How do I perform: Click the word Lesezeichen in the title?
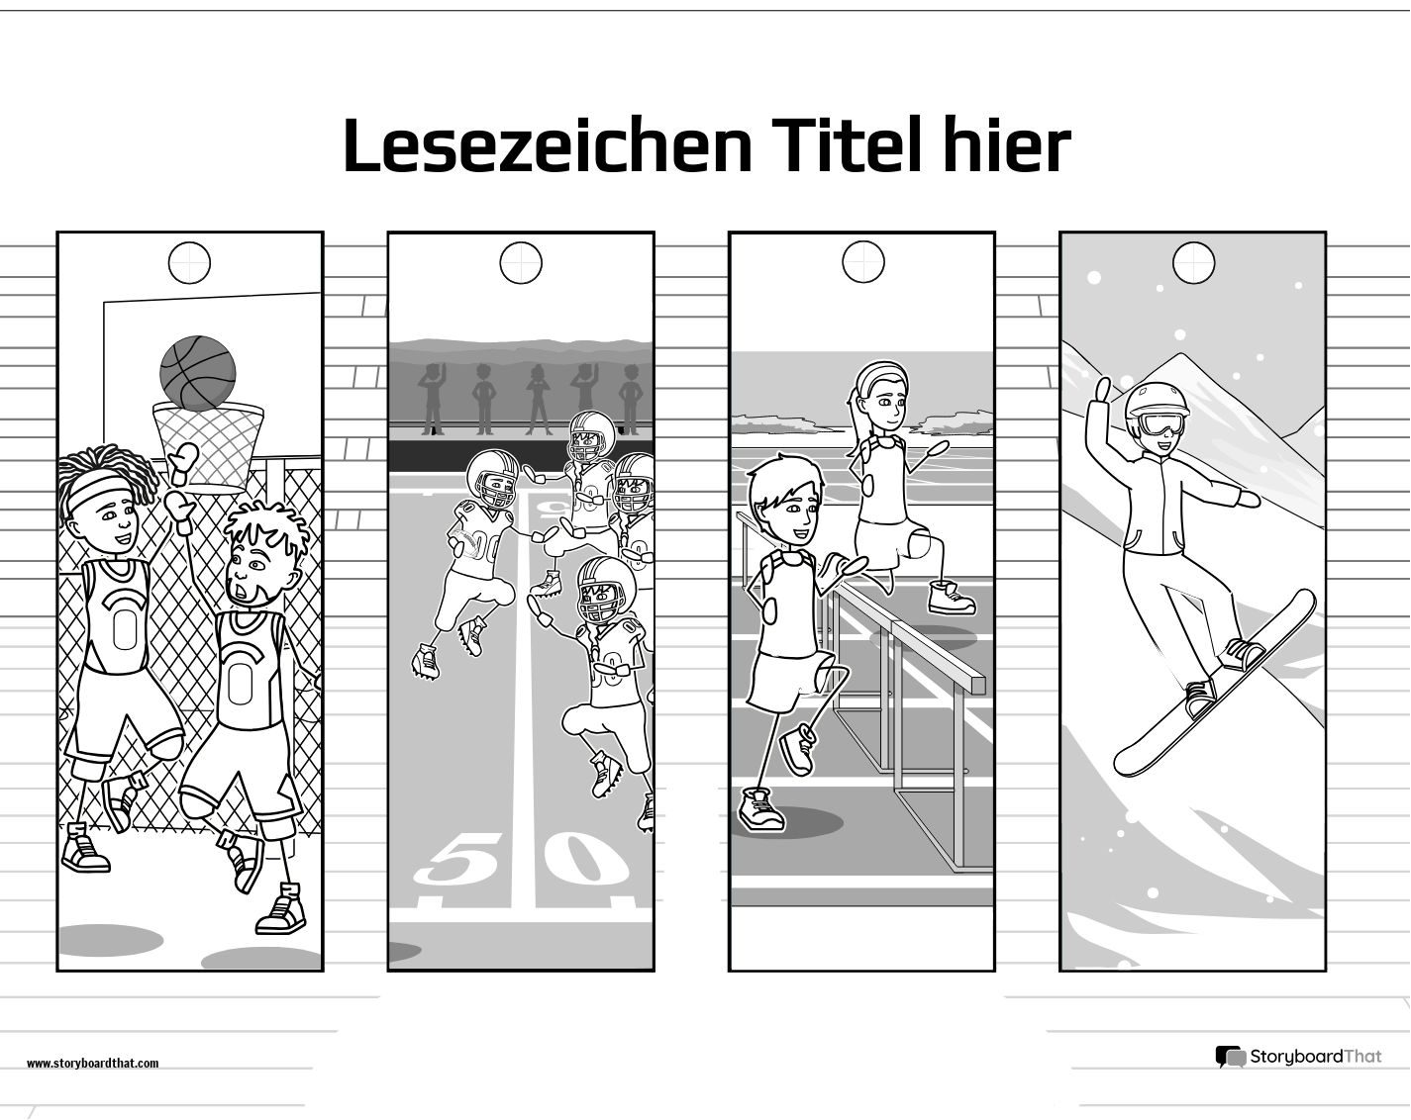coord(546,146)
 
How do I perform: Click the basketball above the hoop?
coord(198,373)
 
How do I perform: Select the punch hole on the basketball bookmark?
coord(189,263)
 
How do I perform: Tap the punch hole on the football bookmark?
coord(521,263)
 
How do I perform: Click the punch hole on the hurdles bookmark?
coord(862,263)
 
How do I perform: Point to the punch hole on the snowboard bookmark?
coord(1193,263)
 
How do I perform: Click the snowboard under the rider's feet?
coord(1214,685)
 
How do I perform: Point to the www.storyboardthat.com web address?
coord(92,1064)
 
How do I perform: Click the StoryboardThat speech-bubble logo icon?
coord(1230,1057)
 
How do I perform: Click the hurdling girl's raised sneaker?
coord(952,597)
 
